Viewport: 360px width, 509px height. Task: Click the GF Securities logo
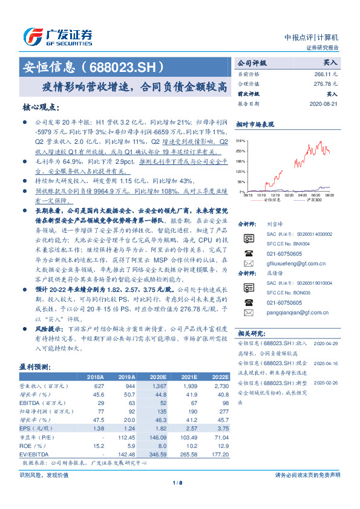(57, 36)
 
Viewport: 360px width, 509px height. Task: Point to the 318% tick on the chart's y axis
(240, 140)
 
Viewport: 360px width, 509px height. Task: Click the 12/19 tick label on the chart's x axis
(275, 195)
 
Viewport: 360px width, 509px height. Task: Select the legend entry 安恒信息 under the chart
(272, 200)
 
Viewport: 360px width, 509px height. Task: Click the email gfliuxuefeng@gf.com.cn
(296, 264)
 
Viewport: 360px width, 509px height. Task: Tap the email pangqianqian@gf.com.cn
(297, 313)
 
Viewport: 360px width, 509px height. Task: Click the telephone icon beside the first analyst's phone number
(247, 253)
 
